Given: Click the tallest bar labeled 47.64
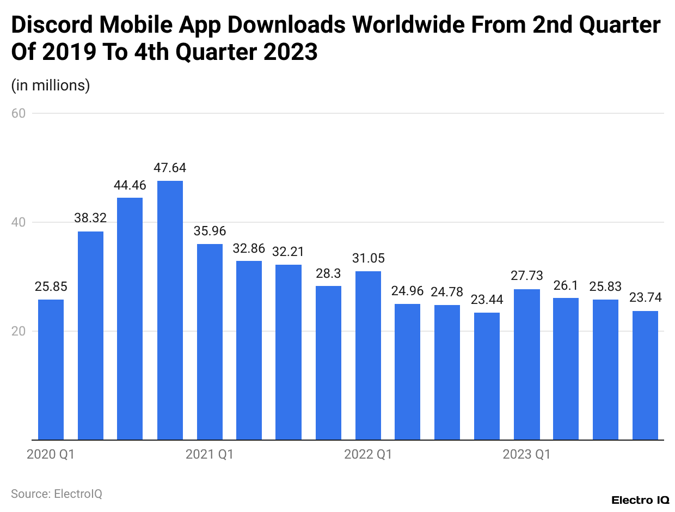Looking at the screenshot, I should [170, 310].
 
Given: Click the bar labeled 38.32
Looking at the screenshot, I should [90, 336].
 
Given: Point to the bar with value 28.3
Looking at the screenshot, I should [328, 362].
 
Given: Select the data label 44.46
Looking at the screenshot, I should [130, 185].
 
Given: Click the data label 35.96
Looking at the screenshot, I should [210, 231].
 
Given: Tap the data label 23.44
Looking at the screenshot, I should [487, 300].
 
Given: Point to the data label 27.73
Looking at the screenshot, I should [526, 276].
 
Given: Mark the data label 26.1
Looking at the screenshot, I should [566, 285].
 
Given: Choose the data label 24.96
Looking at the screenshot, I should [407, 291].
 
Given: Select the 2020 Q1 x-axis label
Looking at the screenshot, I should [51, 454].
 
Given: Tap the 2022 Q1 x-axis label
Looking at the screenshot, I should [368, 454].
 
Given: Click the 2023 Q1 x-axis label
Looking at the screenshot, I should [526, 454].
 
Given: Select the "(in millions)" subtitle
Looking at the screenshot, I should [51, 86].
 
